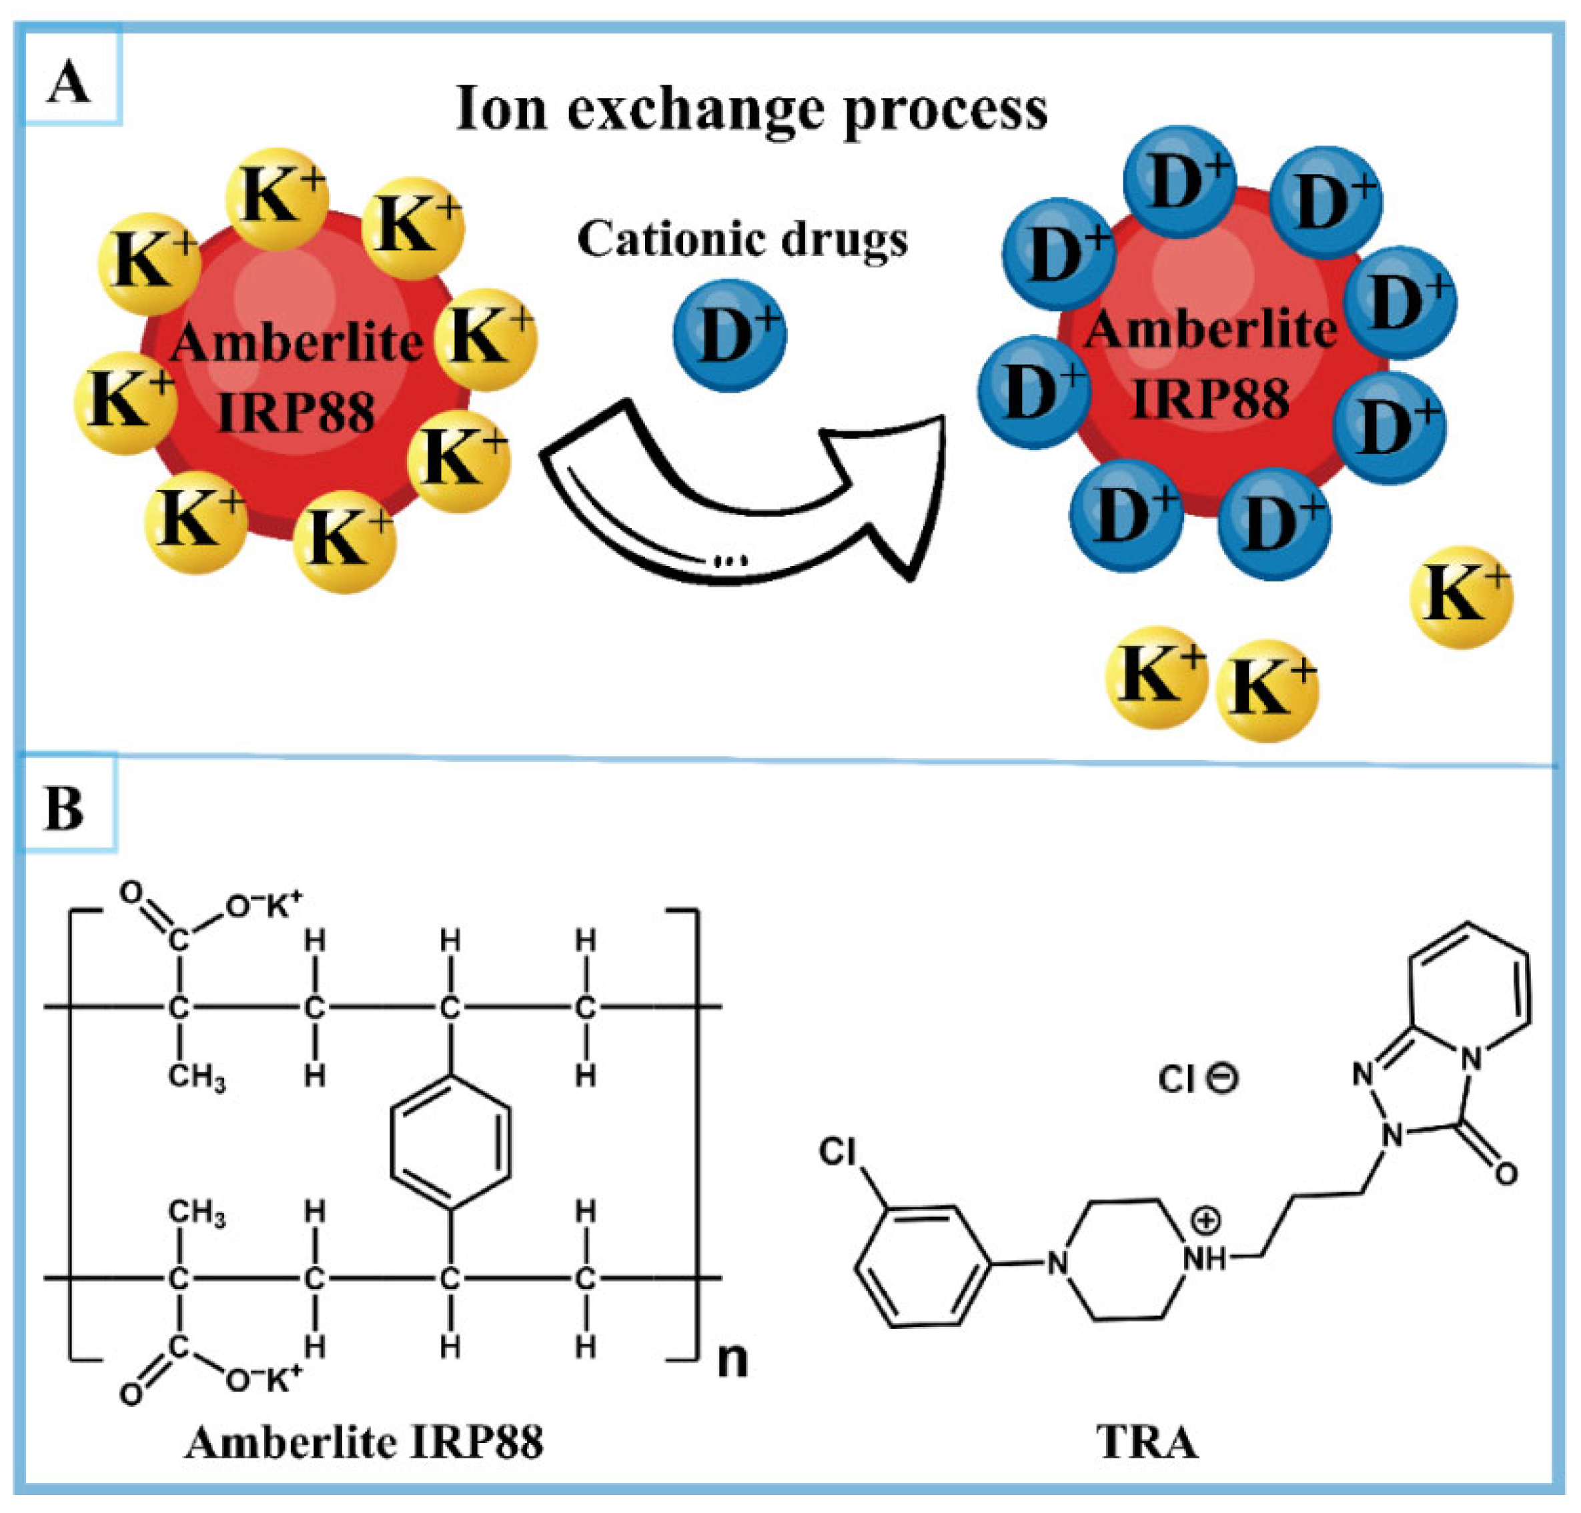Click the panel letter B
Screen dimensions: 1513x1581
click(65, 808)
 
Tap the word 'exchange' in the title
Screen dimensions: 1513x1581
click(695, 111)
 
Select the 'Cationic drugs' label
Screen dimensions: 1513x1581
click(742, 239)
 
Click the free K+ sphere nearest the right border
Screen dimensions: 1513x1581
click(1461, 597)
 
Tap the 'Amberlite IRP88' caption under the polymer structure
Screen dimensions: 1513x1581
click(365, 1442)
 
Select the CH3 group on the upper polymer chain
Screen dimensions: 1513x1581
click(197, 1078)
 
